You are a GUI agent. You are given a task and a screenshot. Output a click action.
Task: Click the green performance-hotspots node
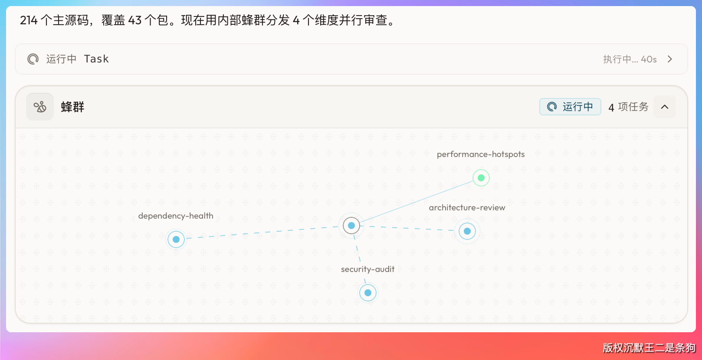(x=481, y=178)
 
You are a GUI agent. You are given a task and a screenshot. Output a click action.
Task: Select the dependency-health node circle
(x=176, y=239)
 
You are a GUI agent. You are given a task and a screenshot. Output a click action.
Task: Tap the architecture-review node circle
(x=467, y=231)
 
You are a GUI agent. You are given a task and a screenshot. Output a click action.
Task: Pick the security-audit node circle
(x=368, y=293)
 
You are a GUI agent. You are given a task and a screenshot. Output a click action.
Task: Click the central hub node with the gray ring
(x=351, y=225)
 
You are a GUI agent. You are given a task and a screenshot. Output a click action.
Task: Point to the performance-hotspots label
(x=481, y=154)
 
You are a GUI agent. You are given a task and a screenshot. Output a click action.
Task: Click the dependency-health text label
(x=176, y=216)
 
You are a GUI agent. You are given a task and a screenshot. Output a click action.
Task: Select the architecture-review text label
(x=467, y=207)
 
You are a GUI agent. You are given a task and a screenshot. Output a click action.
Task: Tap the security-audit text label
(x=367, y=269)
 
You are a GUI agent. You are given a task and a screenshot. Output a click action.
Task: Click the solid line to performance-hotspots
(x=416, y=202)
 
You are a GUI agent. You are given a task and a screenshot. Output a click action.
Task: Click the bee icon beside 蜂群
(x=40, y=107)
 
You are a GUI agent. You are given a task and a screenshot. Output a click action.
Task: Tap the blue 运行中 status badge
(x=570, y=107)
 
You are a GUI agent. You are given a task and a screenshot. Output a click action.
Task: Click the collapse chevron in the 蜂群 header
(x=665, y=107)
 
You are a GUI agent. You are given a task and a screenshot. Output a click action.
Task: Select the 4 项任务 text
(x=628, y=107)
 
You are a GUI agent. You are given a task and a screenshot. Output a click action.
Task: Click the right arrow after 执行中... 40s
(x=670, y=59)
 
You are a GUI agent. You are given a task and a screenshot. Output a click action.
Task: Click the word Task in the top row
(x=96, y=59)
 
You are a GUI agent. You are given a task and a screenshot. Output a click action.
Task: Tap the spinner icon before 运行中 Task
(x=33, y=59)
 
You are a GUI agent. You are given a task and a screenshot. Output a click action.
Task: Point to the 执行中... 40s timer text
(x=630, y=59)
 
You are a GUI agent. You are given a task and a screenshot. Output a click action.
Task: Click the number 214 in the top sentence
(x=29, y=21)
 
